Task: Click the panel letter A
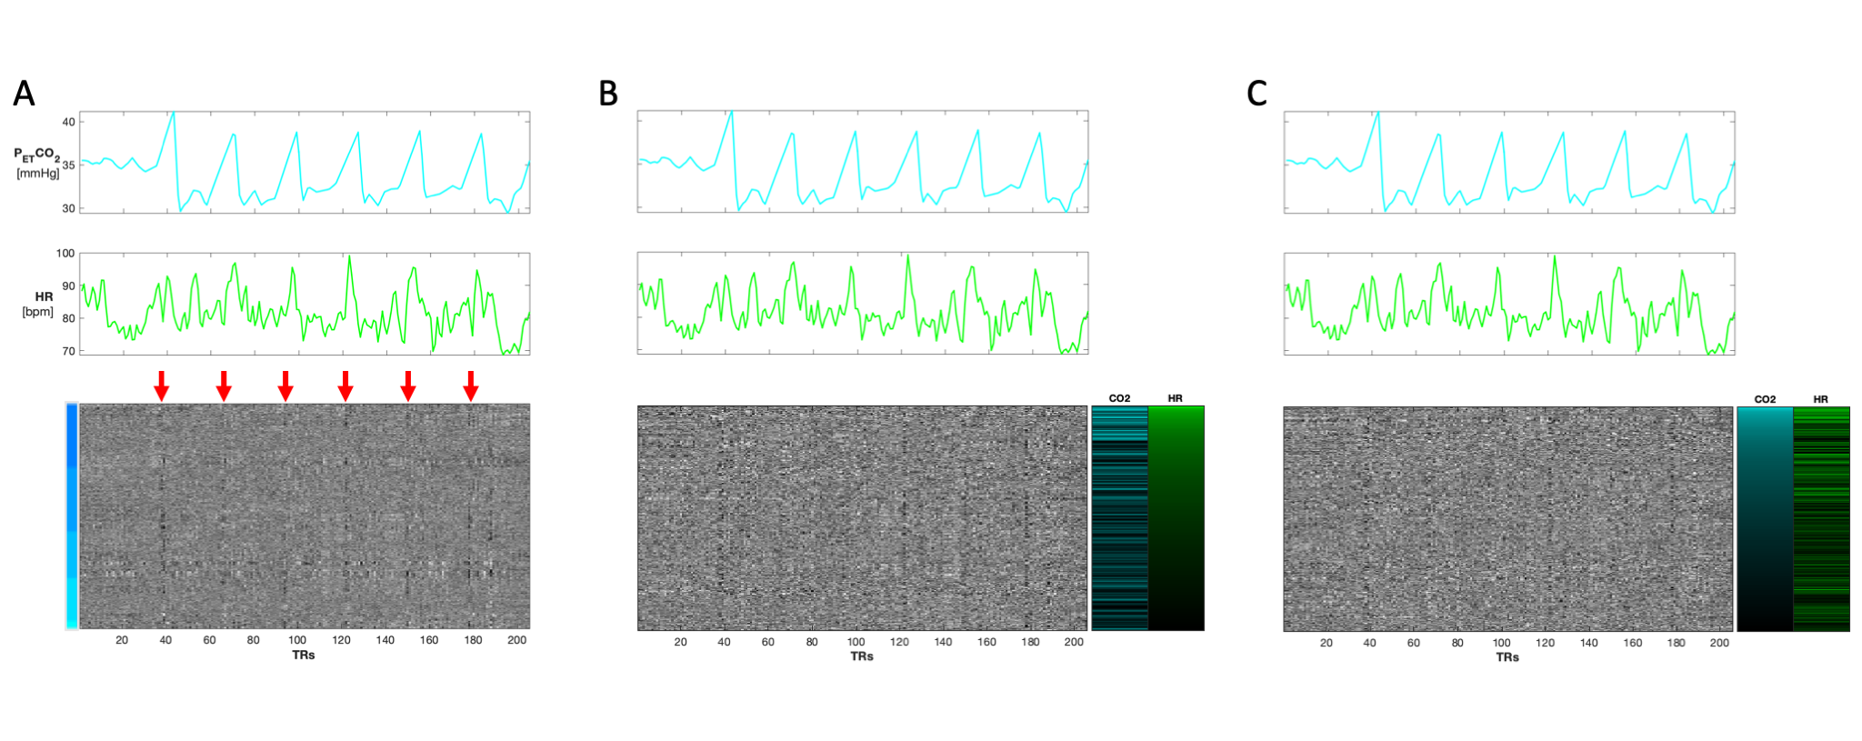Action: click(24, 93)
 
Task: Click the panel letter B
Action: click(608, 93)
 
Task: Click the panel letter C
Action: click(1256, 93)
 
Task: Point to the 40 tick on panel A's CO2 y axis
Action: click(68, 122)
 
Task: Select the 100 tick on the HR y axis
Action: click(65, 254)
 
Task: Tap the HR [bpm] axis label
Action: click(38, 305)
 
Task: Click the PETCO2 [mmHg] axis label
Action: click(37, 163)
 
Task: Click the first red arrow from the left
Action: click(161, 386)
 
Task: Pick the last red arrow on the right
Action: click(470, 386)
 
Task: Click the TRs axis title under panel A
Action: click(304, 656)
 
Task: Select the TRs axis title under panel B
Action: click(862, 656)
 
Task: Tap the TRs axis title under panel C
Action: click(1507, 657)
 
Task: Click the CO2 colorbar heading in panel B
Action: click(1119, 398)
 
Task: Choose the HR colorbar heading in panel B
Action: click(1176, 398)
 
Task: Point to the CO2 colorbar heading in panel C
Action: click(1765, 399)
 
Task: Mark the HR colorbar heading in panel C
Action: click(1820, 399)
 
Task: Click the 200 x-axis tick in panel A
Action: click(516, 640)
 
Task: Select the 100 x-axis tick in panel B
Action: click(856, 642)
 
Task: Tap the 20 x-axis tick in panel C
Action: click(1326, 643)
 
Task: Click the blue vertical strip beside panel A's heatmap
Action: click(72, 516)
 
